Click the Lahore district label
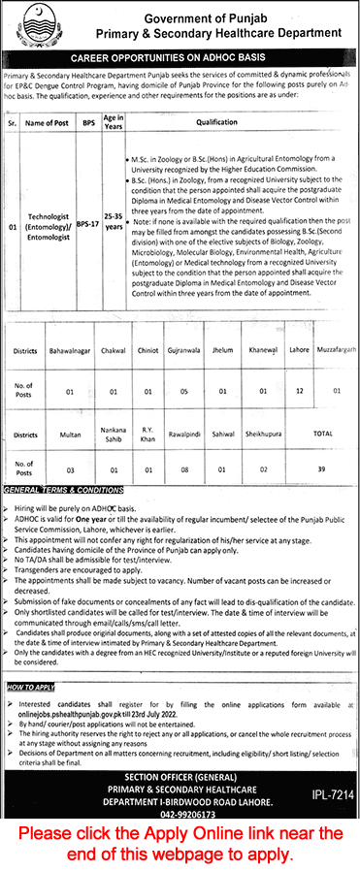coord(299,369)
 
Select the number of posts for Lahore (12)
coord(299,391)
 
